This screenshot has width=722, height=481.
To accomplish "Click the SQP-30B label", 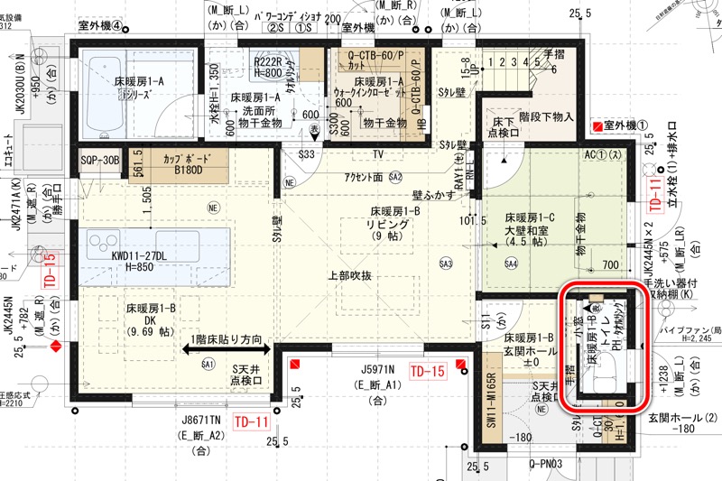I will [x=99, y=160].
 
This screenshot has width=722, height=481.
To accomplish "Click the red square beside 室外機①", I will [x=596, y=124].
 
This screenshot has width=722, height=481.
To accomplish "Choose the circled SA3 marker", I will [x=445, y=263].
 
